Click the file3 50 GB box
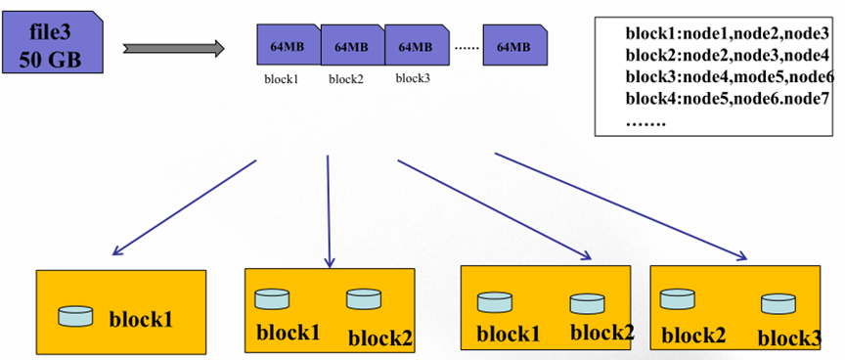coord(51,43)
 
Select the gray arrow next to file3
coord(173,48)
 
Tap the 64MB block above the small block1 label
coord(289,45)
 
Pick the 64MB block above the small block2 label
coord(353,45)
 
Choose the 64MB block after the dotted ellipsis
coord(515,45)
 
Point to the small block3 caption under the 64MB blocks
coord(413,78)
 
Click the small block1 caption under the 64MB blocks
coord(282,80)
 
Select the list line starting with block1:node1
coord(727,34)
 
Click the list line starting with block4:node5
coord(727,99)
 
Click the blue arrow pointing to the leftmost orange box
coord(184,207)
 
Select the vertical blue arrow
coord(329,210)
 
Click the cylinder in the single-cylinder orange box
coord(75,316)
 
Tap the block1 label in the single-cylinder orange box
coord(141,320)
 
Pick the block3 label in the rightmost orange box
coord(789,339)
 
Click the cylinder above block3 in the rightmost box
coord(778,304)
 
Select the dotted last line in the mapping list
coord(646,124)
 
